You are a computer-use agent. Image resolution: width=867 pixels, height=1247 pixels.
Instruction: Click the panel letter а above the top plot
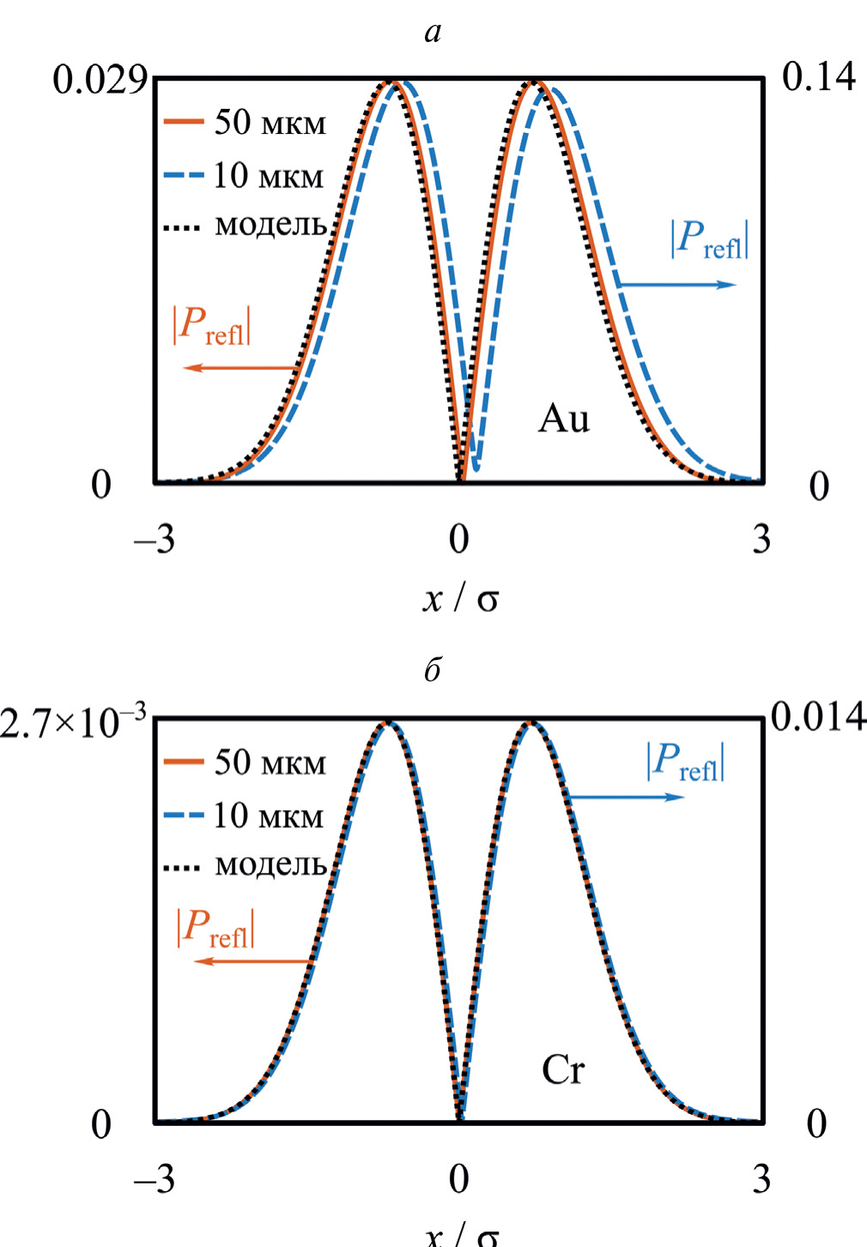pyautogui.click(x=433, y=33)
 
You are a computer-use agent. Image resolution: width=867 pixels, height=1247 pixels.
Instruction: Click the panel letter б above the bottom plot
pyautogui.click(x=433, y=669)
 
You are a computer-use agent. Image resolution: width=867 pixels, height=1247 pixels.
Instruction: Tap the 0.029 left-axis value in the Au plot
pyautogui.click(x=99, y=80)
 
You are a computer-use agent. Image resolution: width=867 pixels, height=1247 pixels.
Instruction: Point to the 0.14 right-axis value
pyautogui.click(x=818, y=77)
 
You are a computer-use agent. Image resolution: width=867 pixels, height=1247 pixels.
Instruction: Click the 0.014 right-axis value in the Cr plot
pyautogui.click(x=818, y=717)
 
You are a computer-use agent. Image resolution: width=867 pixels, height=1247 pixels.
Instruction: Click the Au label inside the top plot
pyautogui.click(x=564, y=419)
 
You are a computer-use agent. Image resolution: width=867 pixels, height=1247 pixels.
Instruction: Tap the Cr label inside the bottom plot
pyautogui.click(x=563, y=1070)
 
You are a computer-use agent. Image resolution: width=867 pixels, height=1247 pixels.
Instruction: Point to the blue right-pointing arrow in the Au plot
pyautogui.click(x=677, y=284)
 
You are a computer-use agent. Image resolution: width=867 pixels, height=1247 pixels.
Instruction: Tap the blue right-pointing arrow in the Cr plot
pyautogui.click(x=627, y=797)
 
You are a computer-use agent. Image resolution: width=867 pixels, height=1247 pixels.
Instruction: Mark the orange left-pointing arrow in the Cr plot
pyautogui.click(x=253, y=961)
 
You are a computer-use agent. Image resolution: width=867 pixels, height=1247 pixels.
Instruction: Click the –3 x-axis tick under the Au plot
pyautogui.click(x=155, y=540)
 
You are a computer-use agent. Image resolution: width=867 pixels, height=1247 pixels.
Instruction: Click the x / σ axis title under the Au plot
pyautogui.click(x=460, y=598)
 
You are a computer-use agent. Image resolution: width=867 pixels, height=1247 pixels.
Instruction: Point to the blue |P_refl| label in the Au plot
pyautogui.click(x=709, y=239)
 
